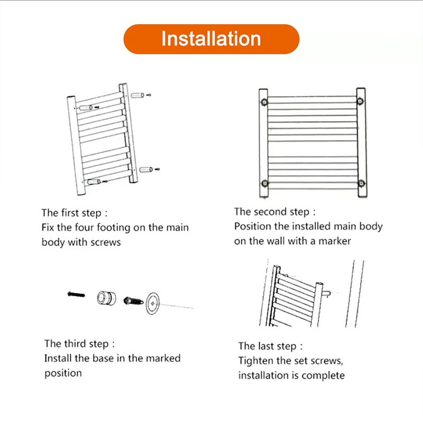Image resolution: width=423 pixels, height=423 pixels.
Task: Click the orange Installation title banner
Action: point(212,39)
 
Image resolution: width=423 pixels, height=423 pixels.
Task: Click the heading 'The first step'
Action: point(75,213)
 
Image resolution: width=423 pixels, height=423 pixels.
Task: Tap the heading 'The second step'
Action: point(275,212)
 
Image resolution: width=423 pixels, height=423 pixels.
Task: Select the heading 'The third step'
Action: point(79,344)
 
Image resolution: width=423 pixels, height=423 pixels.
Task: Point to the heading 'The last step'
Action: point(271,346)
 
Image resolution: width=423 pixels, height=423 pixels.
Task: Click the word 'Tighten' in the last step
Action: point(255,361)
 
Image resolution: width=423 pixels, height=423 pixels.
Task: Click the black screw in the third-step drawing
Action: point(76,294)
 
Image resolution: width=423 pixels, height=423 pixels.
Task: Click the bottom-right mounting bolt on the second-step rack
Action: point(361,183)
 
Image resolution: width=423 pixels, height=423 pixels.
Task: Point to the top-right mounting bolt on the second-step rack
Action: point(361,100)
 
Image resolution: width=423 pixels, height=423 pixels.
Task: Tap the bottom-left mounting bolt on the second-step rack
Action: point(264,183)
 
